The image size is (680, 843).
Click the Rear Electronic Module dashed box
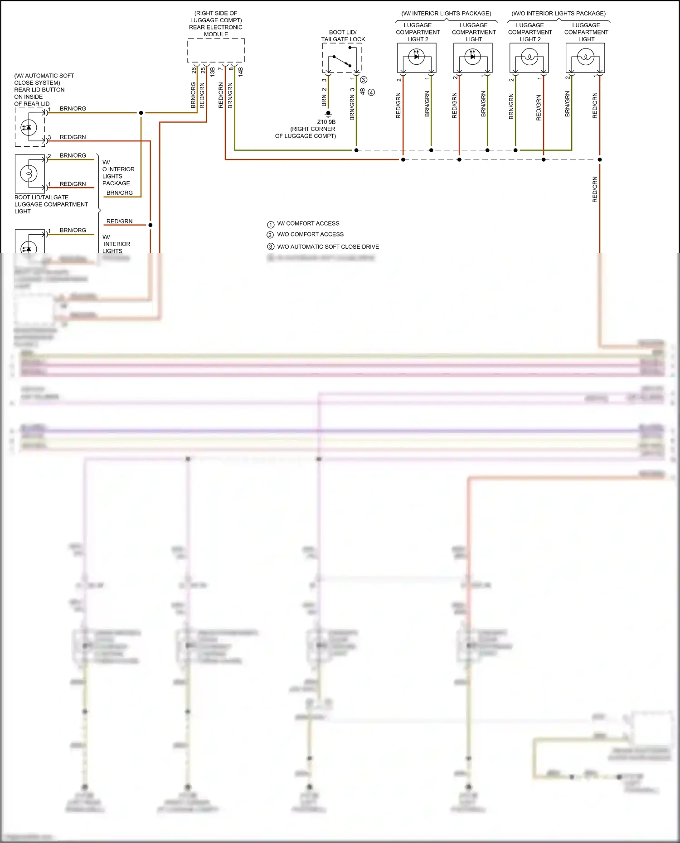216,50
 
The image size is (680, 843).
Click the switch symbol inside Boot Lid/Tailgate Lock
342,61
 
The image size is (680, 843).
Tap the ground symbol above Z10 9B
328,114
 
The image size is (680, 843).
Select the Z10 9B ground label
326,122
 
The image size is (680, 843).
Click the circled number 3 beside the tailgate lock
364,80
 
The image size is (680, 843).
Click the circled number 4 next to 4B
371,92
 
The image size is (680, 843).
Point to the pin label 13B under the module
212,71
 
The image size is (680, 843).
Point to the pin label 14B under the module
241,71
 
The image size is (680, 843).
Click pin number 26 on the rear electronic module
194,70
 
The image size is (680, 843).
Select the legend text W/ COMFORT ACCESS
308,223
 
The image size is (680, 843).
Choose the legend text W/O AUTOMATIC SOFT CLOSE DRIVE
328,247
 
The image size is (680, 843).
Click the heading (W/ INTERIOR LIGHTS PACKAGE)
446,14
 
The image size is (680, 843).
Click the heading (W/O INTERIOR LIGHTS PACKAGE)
559,14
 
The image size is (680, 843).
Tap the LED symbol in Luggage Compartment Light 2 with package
416,56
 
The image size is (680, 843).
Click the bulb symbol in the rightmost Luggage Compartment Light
585,58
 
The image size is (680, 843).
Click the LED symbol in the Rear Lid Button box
29,128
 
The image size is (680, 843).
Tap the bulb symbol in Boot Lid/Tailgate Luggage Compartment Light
29,173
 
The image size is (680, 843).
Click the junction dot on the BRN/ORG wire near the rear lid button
141,113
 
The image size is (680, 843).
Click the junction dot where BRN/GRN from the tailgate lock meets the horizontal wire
356,150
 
